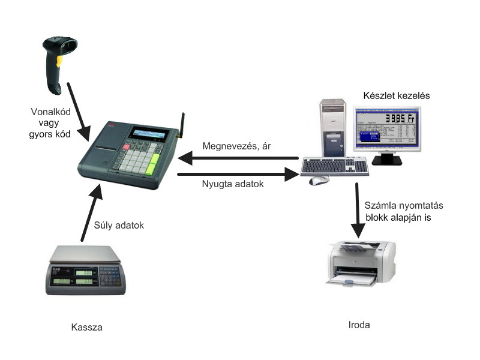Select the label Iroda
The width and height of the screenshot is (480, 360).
[x=359, y=325]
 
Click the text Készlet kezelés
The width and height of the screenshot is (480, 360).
[x=397, y=95]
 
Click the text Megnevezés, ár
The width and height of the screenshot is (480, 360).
[x=236, y=146]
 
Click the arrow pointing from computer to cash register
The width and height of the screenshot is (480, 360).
[x=240, y=159]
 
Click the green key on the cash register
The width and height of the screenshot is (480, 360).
[x=155, y=162]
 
